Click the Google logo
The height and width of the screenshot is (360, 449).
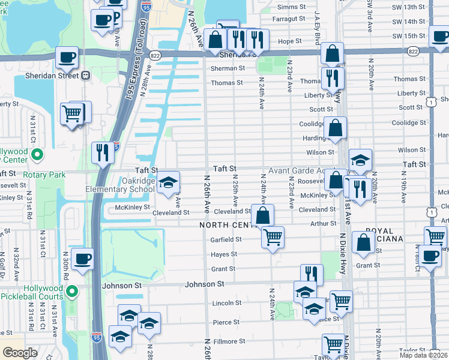(x=20, y=353)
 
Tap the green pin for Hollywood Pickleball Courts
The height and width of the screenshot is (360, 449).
(x=73, y=292)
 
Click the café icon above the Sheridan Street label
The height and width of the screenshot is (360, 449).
(x=67, y=58)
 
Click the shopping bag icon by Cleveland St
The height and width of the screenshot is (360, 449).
(x=262, y=215)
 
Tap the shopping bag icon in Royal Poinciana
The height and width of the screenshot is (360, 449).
(x=364, y=242)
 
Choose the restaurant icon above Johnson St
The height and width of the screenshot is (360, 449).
(x=311, y=274)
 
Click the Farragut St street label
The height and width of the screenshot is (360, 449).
(x=289, y=19)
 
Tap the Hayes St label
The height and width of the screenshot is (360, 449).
(x=222, y=255)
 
